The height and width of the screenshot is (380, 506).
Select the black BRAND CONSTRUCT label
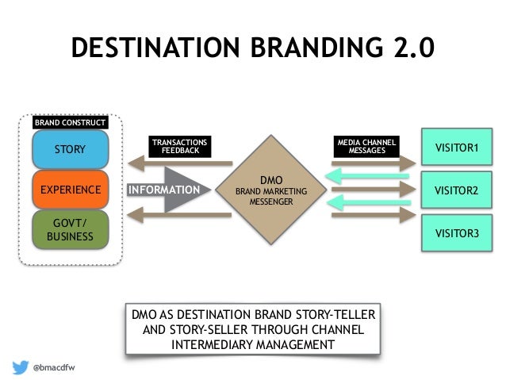pos(70,123)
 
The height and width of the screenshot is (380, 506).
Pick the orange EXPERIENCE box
pos(70,190)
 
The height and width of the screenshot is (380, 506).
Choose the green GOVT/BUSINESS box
pos(70,230)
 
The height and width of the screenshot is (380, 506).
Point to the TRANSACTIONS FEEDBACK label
pos(180,146)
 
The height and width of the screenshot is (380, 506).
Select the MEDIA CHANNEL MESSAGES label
pos(366,146)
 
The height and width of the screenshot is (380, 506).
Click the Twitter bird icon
pos(21,367)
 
